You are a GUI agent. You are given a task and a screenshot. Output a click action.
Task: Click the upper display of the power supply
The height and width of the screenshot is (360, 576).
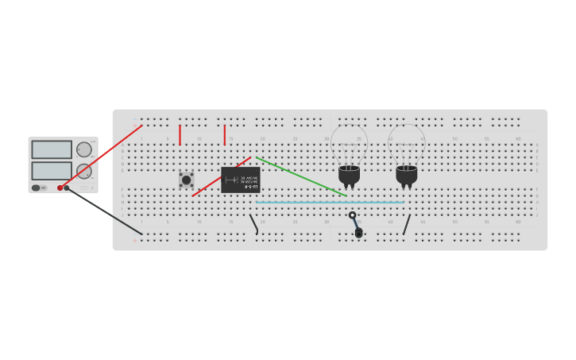[52, 149]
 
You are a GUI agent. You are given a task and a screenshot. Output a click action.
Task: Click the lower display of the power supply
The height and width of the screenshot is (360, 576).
[52, 170]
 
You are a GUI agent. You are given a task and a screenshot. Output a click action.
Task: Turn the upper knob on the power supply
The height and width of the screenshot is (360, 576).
[84, 149]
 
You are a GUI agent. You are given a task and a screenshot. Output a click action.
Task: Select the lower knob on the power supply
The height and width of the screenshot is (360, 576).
[84, 171]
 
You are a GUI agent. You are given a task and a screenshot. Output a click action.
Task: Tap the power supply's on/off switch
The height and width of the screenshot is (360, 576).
[36, 188]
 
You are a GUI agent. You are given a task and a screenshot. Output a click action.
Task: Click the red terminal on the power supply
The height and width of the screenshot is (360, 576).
[60, 188]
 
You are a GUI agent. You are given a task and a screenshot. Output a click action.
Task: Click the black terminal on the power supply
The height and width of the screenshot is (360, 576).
[67, 188]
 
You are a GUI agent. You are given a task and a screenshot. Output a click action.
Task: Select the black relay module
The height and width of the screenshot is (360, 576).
[240, 180]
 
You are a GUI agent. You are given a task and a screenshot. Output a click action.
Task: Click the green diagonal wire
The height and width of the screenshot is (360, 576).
[302, 176]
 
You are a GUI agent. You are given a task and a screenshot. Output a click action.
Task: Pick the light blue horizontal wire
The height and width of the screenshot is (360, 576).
[330, 202]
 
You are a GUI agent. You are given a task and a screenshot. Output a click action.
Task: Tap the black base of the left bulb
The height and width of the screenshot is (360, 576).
[349, 174]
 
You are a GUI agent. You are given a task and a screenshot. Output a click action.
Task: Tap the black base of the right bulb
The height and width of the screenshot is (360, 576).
[406, 174]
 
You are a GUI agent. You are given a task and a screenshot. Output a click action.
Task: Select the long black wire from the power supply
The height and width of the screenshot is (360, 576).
[103, 211]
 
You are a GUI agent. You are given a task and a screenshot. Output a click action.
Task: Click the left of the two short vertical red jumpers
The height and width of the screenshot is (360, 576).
[180, 135]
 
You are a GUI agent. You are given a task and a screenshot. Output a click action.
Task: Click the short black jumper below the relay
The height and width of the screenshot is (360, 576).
[254, 223]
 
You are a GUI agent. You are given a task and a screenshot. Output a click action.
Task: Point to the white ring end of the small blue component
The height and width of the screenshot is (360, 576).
[352, 215]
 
